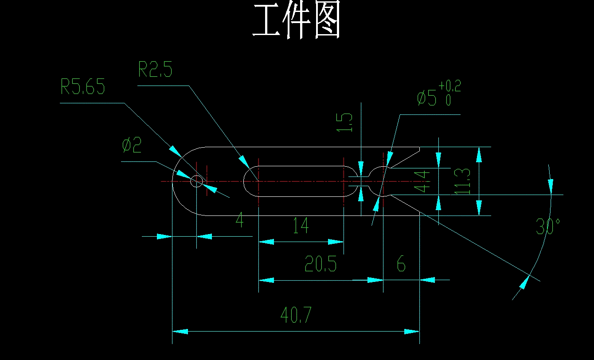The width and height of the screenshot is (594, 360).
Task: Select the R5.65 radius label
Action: [83, 87]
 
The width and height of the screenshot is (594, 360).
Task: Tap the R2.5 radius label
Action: [155, 70]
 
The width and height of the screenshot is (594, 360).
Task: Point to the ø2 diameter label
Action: [131, 146]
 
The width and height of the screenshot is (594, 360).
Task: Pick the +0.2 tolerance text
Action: [449, 86]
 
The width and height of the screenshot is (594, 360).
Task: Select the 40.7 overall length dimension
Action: [296, 316]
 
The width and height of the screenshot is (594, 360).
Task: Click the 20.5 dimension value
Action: [320, 265]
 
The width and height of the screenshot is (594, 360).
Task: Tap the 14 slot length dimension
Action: [301, 226]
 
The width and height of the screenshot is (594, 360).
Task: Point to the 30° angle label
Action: [548, 227]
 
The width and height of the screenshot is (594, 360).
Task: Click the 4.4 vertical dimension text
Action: [423, 181]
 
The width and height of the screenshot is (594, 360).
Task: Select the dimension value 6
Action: [401, 265]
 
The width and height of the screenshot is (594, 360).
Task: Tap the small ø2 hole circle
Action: [196, 181]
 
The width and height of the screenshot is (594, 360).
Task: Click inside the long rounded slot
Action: [301, 181]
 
